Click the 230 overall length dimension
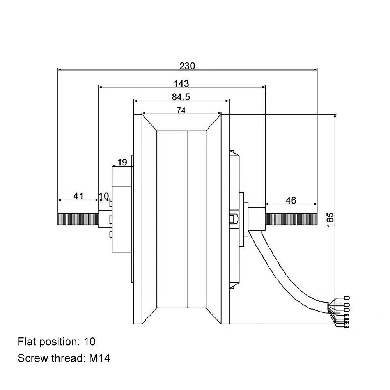pos(187,66)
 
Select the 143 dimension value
pos(181,83)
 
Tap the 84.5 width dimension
pos(181,97)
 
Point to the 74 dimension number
pos(181,110)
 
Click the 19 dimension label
pos(122,162)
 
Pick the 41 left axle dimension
pos(79,196)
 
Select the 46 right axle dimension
pos(291,200)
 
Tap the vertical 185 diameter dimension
pos(330,220)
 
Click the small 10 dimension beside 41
pos(103,196)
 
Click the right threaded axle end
pos(291,219)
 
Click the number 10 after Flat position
pos(89,342)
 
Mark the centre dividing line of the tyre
pos(188,218)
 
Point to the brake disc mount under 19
pos(122,218)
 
